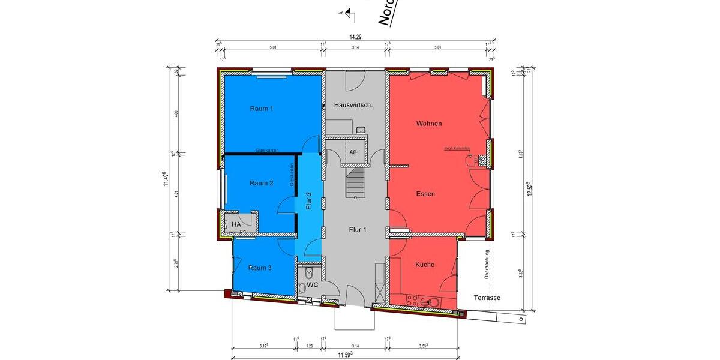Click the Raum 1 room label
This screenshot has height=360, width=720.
tap(261, 109)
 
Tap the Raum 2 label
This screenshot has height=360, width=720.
tap(261, 183)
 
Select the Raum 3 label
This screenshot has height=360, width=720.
tap(260, 268)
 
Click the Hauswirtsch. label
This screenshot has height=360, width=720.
tap(353, 105)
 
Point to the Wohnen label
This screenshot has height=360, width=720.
tap(429, 124)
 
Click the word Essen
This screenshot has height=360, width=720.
tap(425, 194)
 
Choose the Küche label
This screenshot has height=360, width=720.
tap(424, 265)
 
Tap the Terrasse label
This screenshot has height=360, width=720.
tap(487, 298)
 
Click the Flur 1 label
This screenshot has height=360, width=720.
tap(358, 229)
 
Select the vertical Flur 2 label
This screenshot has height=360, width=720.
tap(309, 200)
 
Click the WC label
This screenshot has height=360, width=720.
tap(312, 284)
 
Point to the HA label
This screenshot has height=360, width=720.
tap(236, 224)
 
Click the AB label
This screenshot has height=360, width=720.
tap(353, 152)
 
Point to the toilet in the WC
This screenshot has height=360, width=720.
tap(302, 289)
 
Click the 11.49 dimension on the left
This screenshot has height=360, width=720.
tap(166, 179)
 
